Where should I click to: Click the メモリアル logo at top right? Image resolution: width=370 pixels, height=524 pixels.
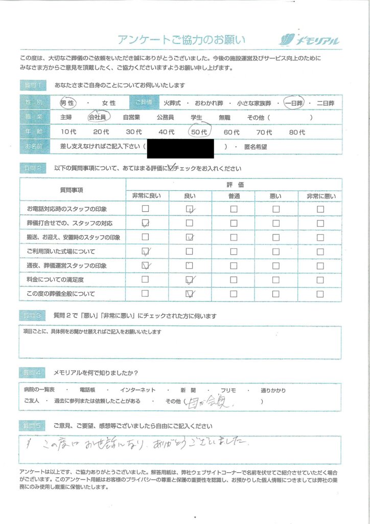pos(309,40)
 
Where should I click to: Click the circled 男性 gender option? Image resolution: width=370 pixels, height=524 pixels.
pos(67,102)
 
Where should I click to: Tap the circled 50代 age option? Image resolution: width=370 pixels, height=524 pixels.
pos(197,132)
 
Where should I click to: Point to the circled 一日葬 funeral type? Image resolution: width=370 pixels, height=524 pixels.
pos(294,102)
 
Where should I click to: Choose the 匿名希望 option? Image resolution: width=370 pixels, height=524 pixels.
pos(255,147)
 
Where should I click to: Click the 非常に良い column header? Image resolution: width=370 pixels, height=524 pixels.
pos(146,195)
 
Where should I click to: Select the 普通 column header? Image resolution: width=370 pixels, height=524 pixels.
pos(234,195)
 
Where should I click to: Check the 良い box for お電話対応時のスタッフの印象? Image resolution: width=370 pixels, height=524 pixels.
pos(190,209)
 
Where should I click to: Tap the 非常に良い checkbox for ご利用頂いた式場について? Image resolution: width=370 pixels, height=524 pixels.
pos(146,251)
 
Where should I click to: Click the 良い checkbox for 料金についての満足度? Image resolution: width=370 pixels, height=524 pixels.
pos(190,279)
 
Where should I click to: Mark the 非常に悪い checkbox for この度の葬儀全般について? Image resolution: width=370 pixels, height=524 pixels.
pos(320,294)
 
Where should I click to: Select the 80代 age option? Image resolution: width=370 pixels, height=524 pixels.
pos(297,132)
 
